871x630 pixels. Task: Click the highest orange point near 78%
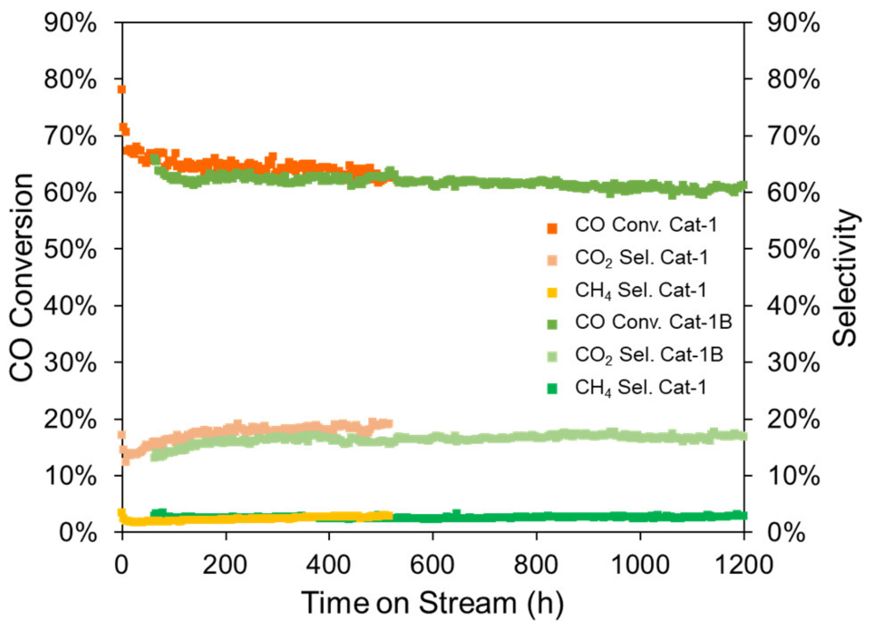click(121, 90)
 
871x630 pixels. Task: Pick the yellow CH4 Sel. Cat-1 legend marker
click(552, 292)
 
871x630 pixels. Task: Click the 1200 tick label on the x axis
click(743, 566)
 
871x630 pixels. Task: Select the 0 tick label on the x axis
click(121, 566)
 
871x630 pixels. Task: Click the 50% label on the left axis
click(70, 249)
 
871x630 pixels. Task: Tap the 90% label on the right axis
click(794, 23)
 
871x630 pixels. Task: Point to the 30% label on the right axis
click(794, 363)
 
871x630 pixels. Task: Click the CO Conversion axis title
click(21, 277)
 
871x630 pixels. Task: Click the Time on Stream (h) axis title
click(432, 603)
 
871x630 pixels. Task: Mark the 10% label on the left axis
click(70, 476)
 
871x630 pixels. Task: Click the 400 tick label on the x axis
click(329, 566)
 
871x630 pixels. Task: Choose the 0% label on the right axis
click(787, 532)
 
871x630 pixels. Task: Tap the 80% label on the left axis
click(70, 79)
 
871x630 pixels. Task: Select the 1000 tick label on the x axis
click(640, 566)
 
